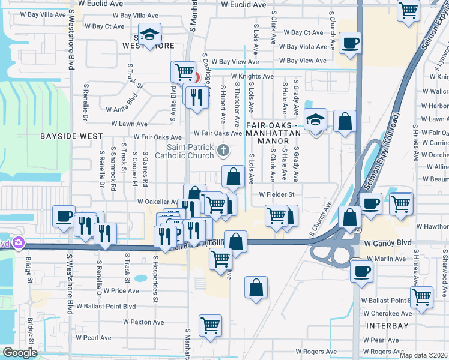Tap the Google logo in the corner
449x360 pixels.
(20, 353)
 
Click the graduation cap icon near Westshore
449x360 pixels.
(149, 34)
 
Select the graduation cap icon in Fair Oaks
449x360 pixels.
(315, 119)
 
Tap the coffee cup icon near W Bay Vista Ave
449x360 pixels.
(349, 43)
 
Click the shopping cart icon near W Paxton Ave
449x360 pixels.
(210, 325)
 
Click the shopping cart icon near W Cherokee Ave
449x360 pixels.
(421, 296)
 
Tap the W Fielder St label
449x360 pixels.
(277, 194)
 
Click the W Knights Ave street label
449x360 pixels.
(251, 76)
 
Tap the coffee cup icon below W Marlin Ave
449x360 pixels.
(362, 271)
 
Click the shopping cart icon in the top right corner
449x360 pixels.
(408, 10)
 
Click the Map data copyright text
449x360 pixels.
(424, 355)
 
